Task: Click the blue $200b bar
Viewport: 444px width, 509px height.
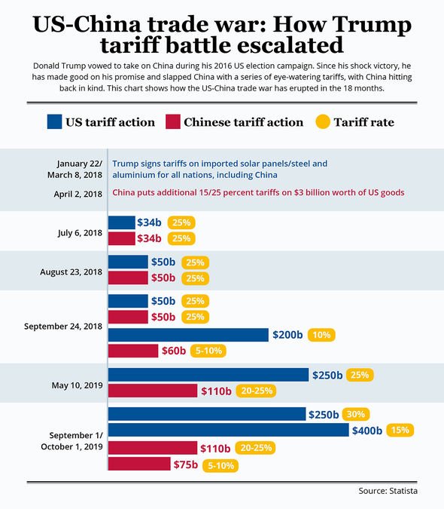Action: click(188, 335)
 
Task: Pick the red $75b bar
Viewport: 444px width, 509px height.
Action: click(139, 465)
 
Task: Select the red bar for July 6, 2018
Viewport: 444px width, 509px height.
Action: click(121, 239)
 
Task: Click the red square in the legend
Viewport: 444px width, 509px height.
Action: click(172, 122)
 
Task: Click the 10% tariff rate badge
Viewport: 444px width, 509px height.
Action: click(320, 335)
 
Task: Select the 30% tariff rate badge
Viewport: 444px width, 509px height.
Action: click(355, 414)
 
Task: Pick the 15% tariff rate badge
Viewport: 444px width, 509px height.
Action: click(399, 430)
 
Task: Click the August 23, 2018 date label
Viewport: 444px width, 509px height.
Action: click(71, 270)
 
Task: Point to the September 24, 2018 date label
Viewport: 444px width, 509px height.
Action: click(63, 327)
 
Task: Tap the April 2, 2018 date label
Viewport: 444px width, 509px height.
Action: click(78, 193)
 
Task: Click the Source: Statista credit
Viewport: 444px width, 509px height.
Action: click(388, 491)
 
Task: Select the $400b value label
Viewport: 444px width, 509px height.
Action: click(368, 431)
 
